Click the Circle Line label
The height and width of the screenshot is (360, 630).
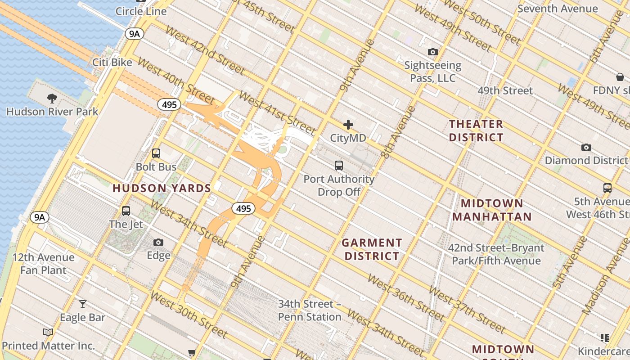141,11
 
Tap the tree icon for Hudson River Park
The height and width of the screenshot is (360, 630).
52,98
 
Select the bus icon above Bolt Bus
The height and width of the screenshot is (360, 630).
156,153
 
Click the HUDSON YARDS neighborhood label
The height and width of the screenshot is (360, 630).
162,188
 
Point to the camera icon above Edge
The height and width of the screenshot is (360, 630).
158,243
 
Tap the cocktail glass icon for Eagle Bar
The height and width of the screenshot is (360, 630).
83,304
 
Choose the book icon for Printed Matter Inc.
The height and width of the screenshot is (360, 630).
48,333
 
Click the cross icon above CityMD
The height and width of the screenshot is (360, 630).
348,125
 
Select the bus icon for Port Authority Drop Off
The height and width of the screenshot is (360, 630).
339,166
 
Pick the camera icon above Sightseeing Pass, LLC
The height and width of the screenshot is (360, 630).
433,52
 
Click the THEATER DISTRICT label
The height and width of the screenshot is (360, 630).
476,130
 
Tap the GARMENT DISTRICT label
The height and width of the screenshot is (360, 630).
371,249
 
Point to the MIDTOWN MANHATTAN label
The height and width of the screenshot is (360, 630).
492,210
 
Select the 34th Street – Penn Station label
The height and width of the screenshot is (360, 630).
310,310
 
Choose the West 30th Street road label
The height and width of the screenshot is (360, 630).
189,315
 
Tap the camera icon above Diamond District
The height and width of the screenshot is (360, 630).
586,148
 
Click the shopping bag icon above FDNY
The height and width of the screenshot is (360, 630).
620,77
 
